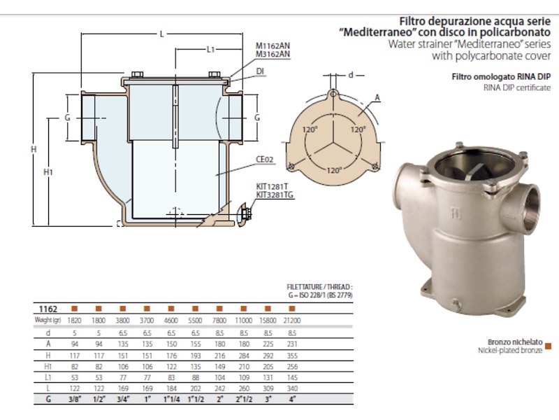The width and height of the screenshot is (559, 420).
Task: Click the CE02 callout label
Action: (265, 159)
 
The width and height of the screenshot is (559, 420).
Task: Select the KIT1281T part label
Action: (270, 186)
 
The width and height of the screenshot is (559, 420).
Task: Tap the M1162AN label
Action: (273, 45)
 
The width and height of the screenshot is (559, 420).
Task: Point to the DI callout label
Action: (259, 71)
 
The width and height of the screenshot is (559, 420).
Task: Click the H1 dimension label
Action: (48, 170)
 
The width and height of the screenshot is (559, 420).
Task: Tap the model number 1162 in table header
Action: (48, 309)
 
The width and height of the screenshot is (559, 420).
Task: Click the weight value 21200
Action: (291, 320)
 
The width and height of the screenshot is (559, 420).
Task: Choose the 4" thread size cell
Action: (291, 400)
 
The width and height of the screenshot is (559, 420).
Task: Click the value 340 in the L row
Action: (291, 388)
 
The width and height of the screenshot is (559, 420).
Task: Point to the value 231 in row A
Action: (291, 343)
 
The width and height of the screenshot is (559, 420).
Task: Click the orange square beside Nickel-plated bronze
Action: (548, 345)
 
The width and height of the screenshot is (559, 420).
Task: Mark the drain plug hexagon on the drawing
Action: (245, 211)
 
